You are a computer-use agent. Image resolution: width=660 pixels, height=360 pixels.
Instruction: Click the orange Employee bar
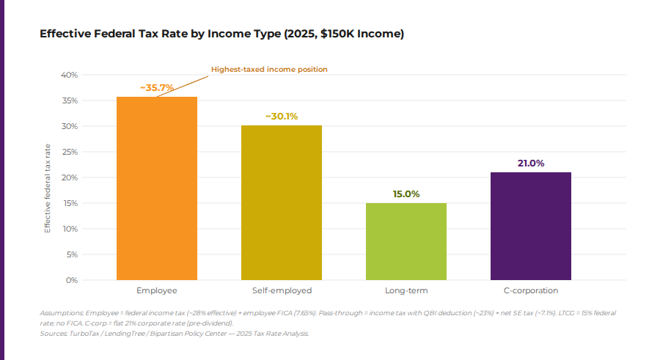157,188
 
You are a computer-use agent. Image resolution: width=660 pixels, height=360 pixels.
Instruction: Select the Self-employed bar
282,202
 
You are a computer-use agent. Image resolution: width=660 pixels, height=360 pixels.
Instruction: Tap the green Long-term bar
406,241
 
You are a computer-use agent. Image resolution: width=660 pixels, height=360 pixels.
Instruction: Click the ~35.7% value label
157,87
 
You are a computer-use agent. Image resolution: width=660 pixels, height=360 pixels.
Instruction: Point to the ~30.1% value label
282,116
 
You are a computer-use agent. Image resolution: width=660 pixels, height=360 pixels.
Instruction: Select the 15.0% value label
406,194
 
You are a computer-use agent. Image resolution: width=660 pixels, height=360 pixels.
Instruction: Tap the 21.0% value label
531,163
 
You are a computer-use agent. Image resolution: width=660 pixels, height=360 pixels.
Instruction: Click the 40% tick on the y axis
69,75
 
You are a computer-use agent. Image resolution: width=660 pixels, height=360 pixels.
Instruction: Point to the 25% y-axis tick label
69,152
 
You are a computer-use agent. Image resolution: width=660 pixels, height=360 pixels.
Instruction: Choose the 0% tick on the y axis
71,280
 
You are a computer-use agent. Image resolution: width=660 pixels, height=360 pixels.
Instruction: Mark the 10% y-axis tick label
69,229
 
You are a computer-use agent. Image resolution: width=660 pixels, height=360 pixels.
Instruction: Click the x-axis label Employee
157,291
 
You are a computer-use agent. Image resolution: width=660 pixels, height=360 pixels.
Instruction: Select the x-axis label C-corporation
531,291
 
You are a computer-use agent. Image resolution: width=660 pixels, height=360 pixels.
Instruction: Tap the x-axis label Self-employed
282,291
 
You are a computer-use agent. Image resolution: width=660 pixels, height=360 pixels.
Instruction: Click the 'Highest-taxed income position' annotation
269,69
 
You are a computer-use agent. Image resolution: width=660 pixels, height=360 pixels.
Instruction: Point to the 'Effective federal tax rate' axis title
48,188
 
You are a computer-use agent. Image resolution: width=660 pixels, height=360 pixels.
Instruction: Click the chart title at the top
221,34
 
